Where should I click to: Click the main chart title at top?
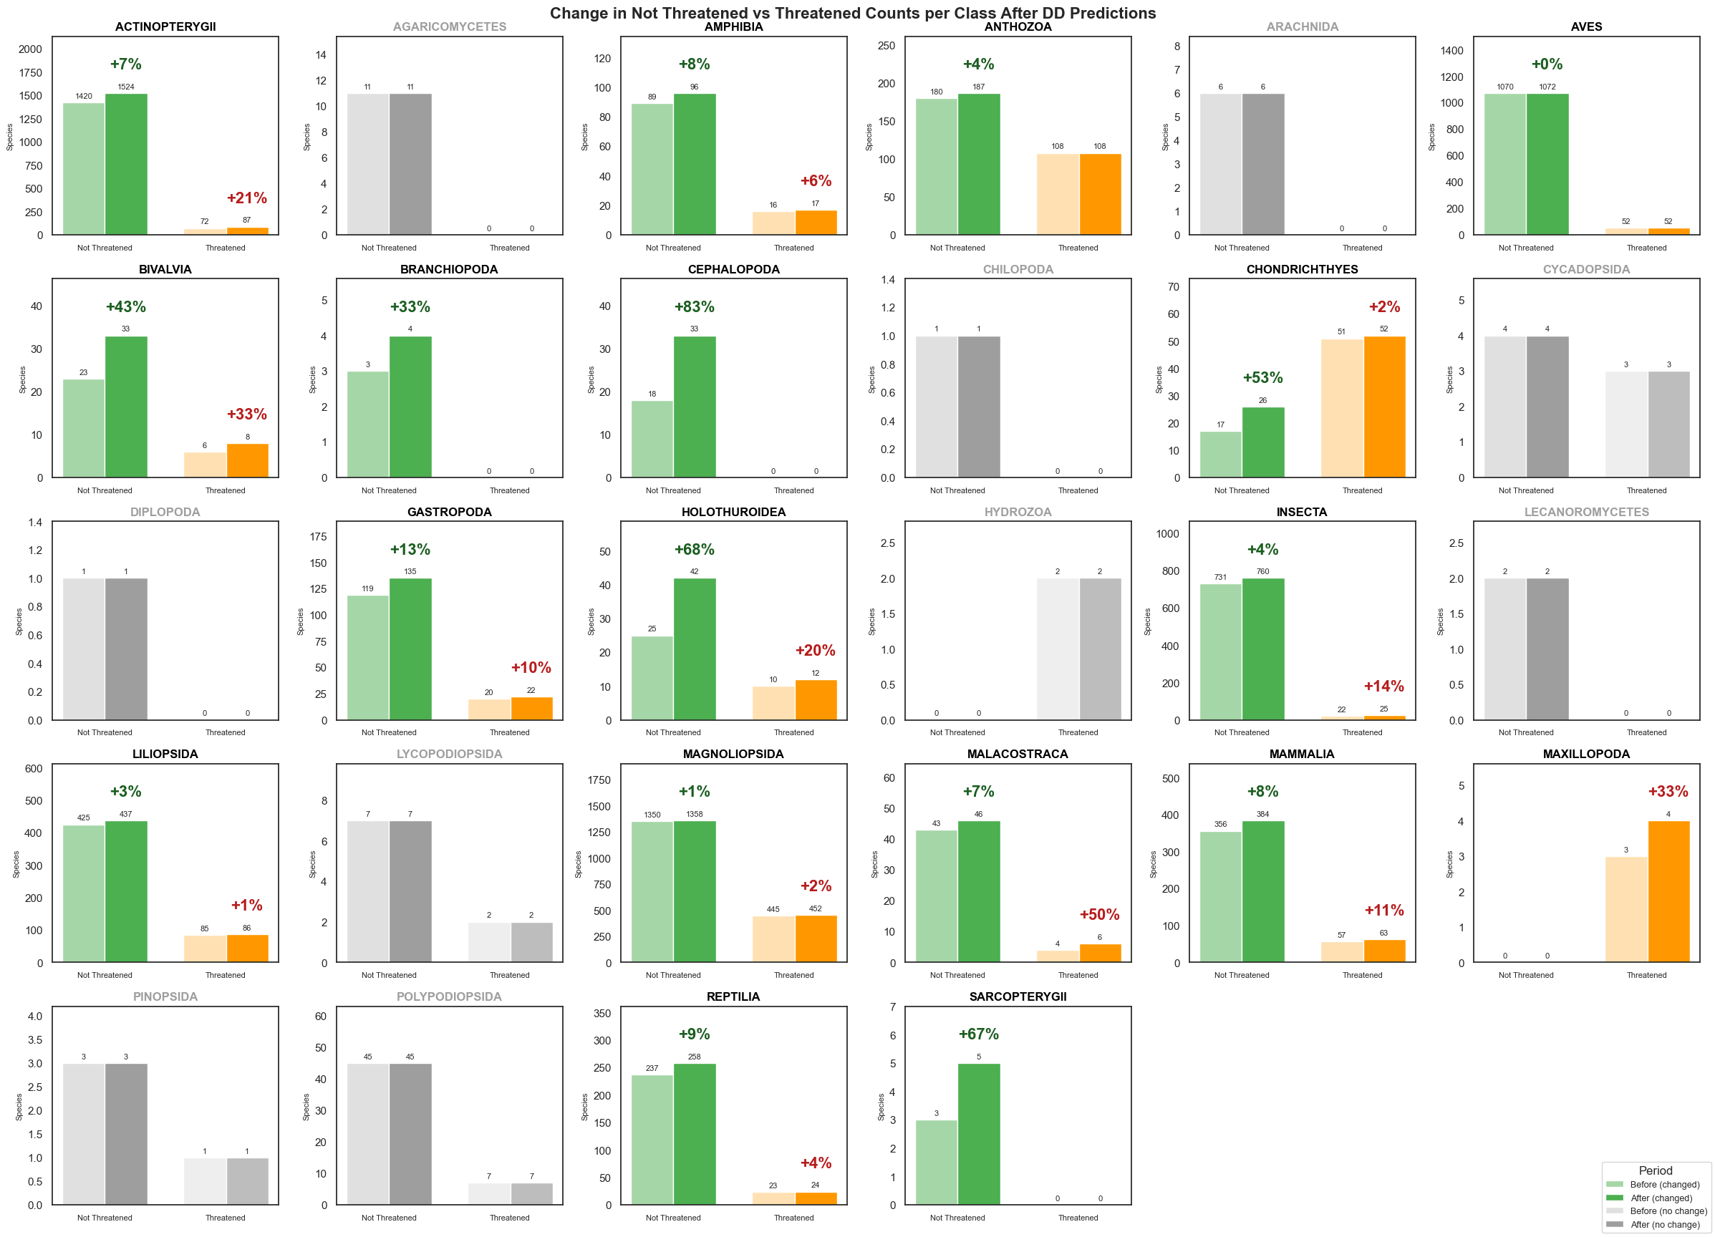click(x=852, y=13)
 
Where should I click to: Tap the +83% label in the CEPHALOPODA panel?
click(x=693, y=306)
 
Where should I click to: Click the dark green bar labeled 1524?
click(x=126, y=164)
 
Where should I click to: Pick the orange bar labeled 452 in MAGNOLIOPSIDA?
click(x=815, y=938)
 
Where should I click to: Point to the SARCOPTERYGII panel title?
click(x=1017, y=996)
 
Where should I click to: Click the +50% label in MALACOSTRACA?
click(x=1098, y=914)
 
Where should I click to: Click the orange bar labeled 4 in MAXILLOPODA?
click(x=1668, y=891)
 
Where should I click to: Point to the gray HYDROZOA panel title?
click(x=1017, y=512)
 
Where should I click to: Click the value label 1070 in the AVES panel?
click(x=1504, y=87)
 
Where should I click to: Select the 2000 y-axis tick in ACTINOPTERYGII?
click(x=30, y=49)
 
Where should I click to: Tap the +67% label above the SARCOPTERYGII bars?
click(x=977, y=1034)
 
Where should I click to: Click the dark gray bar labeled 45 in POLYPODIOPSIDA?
click(x=410, y=1133)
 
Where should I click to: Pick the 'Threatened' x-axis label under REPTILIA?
click(x=793, y=1218)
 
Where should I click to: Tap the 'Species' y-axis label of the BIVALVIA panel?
click(x=23, y=379)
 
